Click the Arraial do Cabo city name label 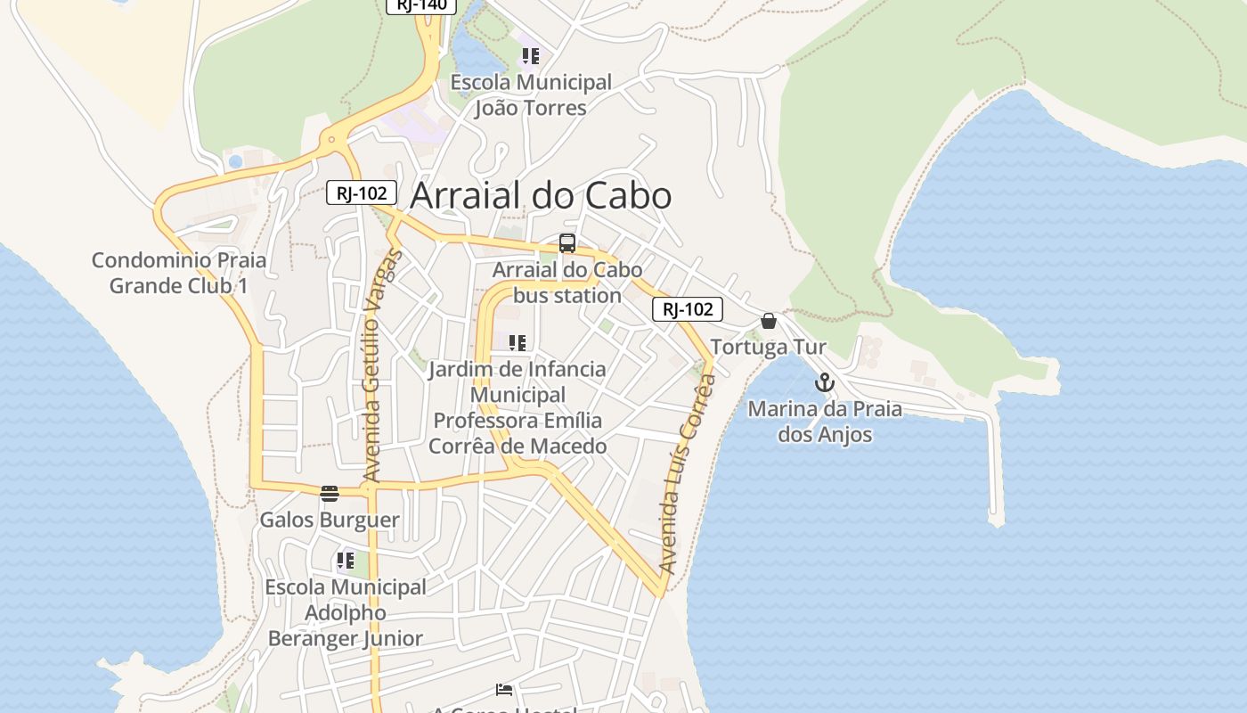pos(540,196)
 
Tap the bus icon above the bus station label pos(567,242)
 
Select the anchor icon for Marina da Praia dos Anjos pos(825,382)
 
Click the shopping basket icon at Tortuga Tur pos(769,321)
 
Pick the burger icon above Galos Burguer pos(330,493)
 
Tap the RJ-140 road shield pos(421,5)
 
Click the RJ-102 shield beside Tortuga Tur pos(688,309)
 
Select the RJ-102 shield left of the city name pos(362,193)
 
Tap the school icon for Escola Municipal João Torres pos(531,57)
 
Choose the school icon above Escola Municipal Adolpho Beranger pos(345,561)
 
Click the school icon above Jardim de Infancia pos(518,342)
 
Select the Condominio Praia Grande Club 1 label pos(179,273)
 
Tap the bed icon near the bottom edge pos(504,689)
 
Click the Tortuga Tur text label pos(769,347)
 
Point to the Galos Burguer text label pos(330,520)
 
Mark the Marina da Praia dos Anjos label pos(825,422)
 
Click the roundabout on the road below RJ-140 pos(332,139)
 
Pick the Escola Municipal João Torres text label pos(531,95)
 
